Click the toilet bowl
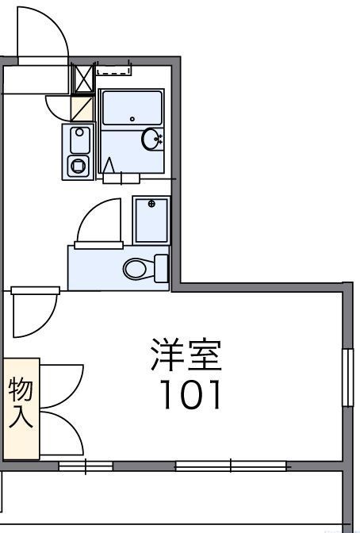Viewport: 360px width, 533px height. pos(137,268)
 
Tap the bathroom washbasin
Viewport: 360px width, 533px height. pos(151,140)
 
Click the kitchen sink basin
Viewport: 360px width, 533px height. pos(79,141)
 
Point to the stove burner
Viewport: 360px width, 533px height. pos(79,167)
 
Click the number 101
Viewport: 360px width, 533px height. pos(190,394)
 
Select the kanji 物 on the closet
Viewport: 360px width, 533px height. pos(21,391)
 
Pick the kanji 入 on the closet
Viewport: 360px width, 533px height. pos(21,419)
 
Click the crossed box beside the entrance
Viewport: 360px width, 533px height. pos(82,79)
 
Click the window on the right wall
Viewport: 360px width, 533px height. pos(347,377)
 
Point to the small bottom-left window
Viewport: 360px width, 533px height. pos(86,466)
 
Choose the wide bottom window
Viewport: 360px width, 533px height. pos(230,466)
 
